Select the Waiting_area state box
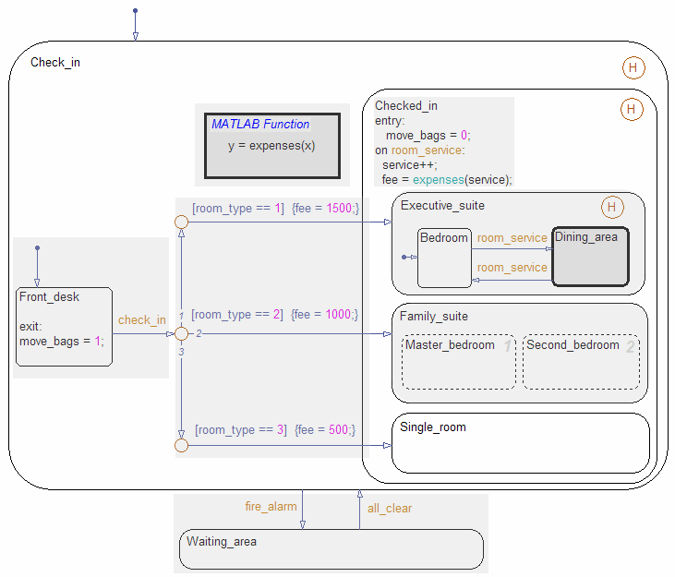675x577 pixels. tap(330, 549)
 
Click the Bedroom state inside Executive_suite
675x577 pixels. tap(444, 258)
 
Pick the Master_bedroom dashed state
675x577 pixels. tap(458, 361)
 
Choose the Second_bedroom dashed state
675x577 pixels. tap(581, 361)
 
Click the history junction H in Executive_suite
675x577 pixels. tap(611, 206)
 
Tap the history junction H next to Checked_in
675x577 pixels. tap(631, 110)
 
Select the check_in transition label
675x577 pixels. tap(142, 320)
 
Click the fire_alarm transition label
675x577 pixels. tap(271, 507)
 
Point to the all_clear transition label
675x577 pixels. tap(390, 508)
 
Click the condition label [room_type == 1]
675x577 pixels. tap(238, 209)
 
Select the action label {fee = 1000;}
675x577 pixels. tap(324, 315)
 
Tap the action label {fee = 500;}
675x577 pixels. tap(323, 429)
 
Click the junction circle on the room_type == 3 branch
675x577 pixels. tap(182, 447)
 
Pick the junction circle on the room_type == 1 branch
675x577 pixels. tap(182, 222)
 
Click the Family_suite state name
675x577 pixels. tap(434, 317)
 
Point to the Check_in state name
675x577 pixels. tap(55, 63)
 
